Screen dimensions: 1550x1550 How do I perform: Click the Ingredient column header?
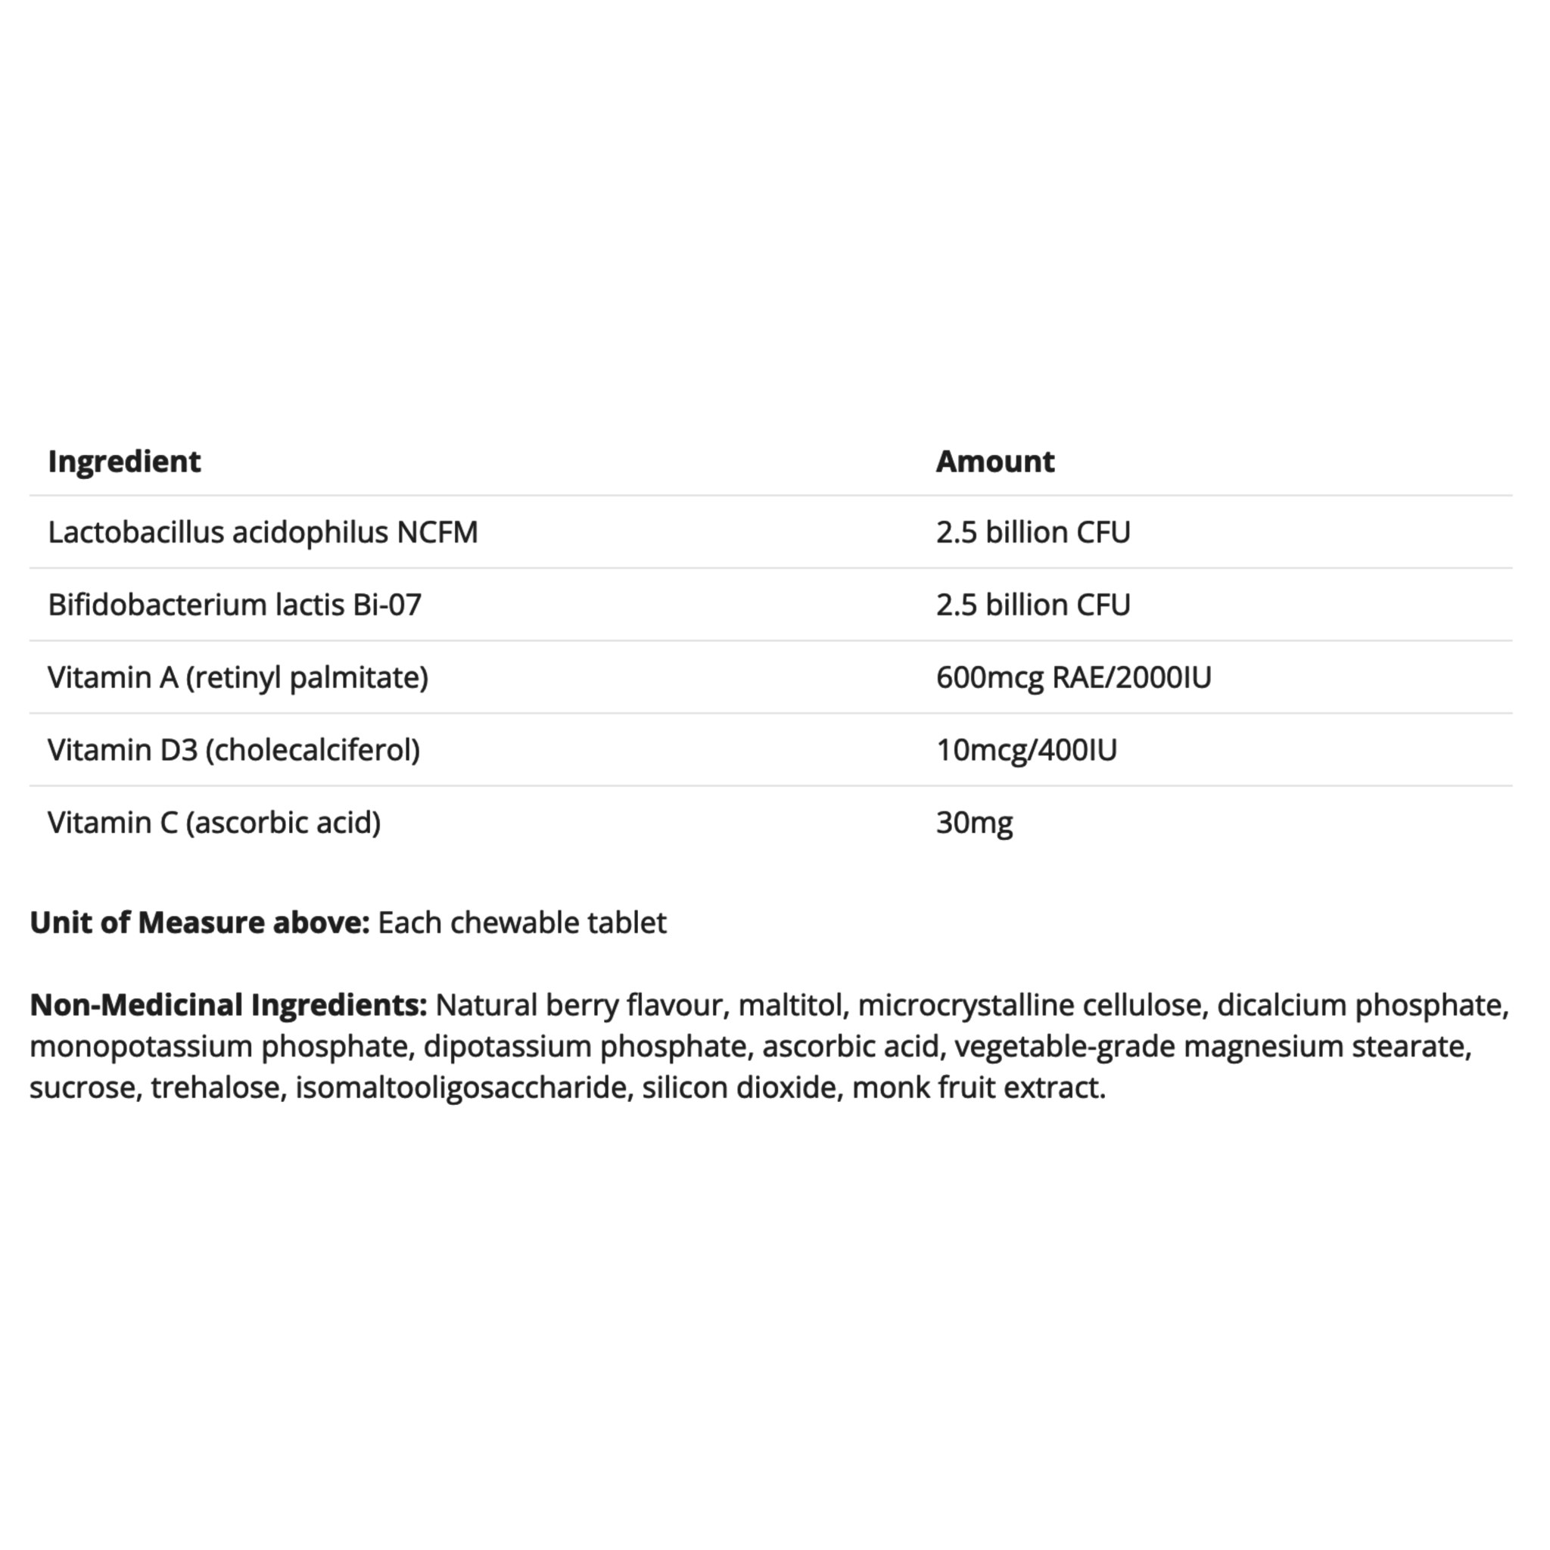point(124,462)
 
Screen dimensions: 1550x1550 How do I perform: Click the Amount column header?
point(994,462)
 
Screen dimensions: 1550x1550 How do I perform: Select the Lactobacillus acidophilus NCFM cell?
point(263,533)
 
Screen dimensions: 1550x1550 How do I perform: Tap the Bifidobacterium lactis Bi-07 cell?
point(235,605)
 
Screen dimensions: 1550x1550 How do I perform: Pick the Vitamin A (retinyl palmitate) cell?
point(238,678)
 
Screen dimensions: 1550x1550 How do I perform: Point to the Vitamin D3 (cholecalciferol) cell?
point(233,750)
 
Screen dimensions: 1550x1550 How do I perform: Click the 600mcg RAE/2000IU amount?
point(1073,678)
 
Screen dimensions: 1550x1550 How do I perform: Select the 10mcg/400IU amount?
point(1026,750)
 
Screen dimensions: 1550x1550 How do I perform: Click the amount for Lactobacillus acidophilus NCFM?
point(1032,533)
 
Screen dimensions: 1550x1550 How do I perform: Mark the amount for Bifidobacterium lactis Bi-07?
point(1032,605)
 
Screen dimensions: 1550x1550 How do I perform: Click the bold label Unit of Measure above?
point(199,923)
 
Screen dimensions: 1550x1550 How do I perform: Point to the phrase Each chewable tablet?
point(521,923)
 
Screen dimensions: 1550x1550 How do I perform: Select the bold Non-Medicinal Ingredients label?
point(228,1005)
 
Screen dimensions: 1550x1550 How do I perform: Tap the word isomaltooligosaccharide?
point(460,1088)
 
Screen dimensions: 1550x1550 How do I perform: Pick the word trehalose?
point(215,1088)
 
